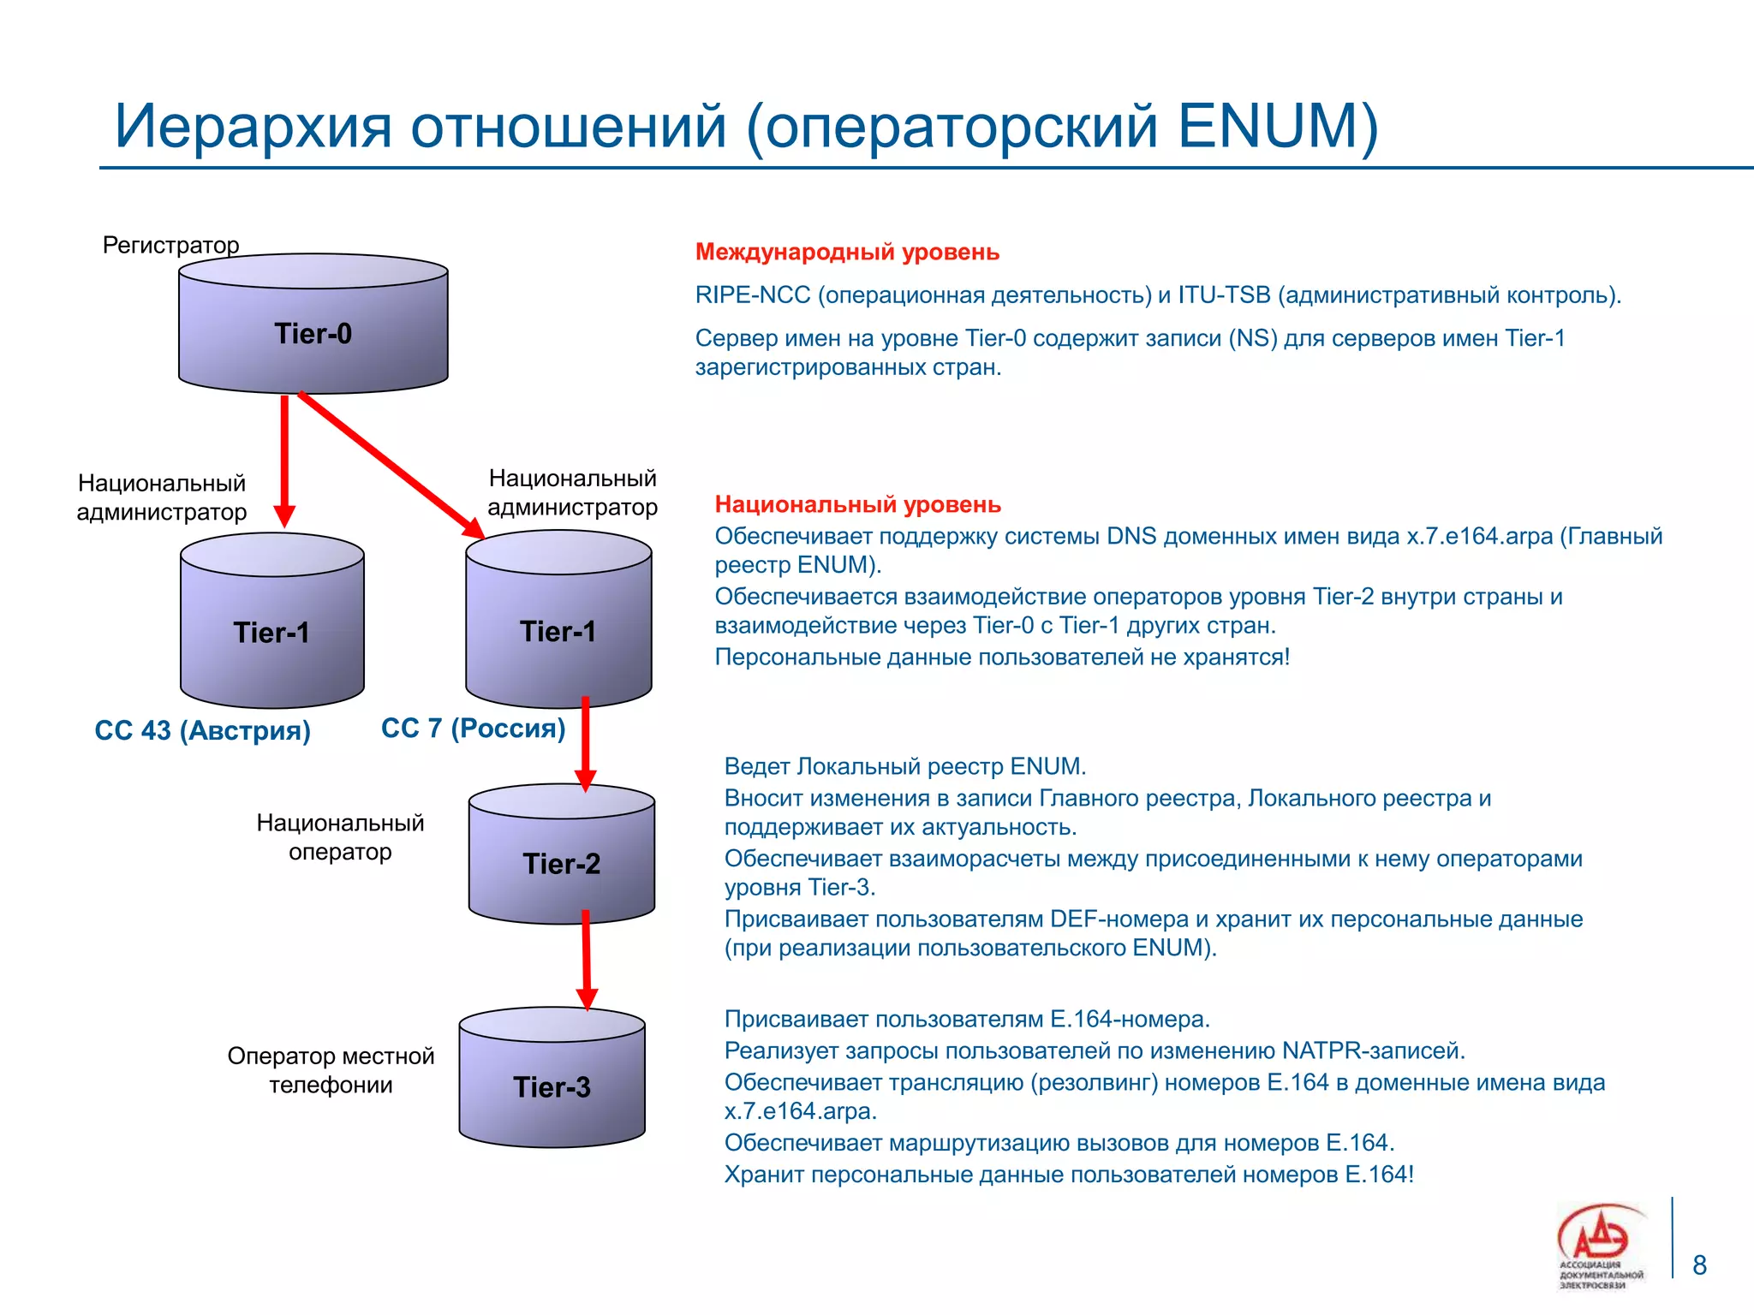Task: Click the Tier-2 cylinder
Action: click(x=561, y=863)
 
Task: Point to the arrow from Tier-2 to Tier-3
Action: click(x=587, y=959)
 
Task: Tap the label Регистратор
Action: click(x=170, y=245)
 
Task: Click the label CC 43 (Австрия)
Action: click(x=202, y=730)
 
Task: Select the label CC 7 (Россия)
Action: click(x=473, y=728)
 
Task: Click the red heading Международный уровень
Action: click(x=846, y=252)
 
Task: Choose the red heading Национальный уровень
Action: click(x=857, y=504)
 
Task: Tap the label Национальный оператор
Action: click(x=340, y=836)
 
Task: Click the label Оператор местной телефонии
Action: click(x=331, y=1069)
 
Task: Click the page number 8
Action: click(x=1699, y=1264)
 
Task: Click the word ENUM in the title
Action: click(x=1268, y=127)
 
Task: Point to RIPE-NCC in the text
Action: click(x=752, y=295)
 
